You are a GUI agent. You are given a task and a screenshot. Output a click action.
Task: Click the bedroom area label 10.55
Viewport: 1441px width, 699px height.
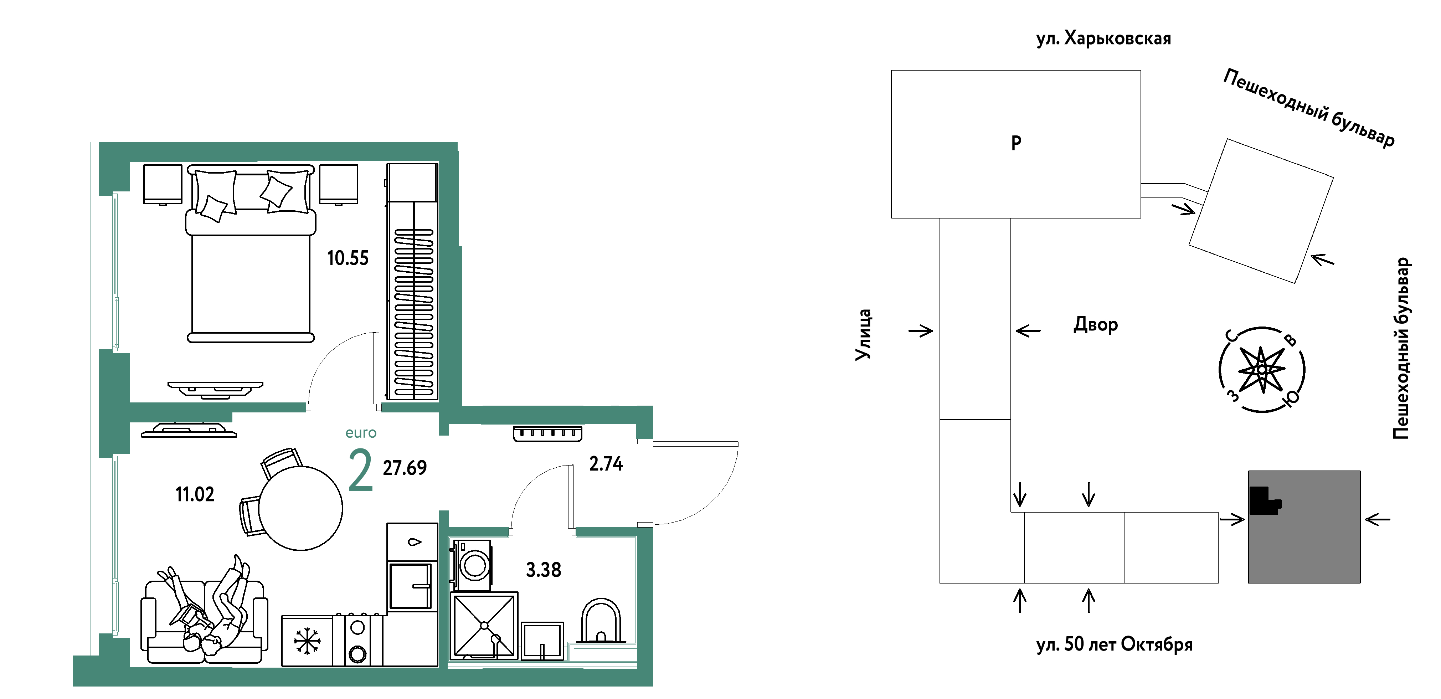[x=348, y=258]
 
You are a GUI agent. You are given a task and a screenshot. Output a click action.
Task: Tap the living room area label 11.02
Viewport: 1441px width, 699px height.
[x=195, y=494]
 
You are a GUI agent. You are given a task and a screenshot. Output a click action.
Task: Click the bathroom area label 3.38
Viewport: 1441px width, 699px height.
[x=543, y=570]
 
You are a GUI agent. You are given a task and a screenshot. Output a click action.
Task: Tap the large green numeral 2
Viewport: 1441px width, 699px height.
[x=360, y=471]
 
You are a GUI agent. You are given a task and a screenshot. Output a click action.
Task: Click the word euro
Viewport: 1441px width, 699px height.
[x=361, y=433]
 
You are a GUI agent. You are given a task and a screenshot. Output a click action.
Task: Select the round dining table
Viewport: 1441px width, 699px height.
[x=300, y=508]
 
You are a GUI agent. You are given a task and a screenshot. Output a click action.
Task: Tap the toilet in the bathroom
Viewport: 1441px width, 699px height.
[x=601, y=621]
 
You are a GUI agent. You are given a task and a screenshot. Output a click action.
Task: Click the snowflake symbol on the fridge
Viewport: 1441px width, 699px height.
[x=307, y=641]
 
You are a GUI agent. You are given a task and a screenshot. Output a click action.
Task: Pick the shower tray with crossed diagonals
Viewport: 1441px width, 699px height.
[x=484, y=625]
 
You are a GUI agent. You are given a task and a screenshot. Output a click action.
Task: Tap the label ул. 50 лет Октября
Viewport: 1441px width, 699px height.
[x=1114, y=644]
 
